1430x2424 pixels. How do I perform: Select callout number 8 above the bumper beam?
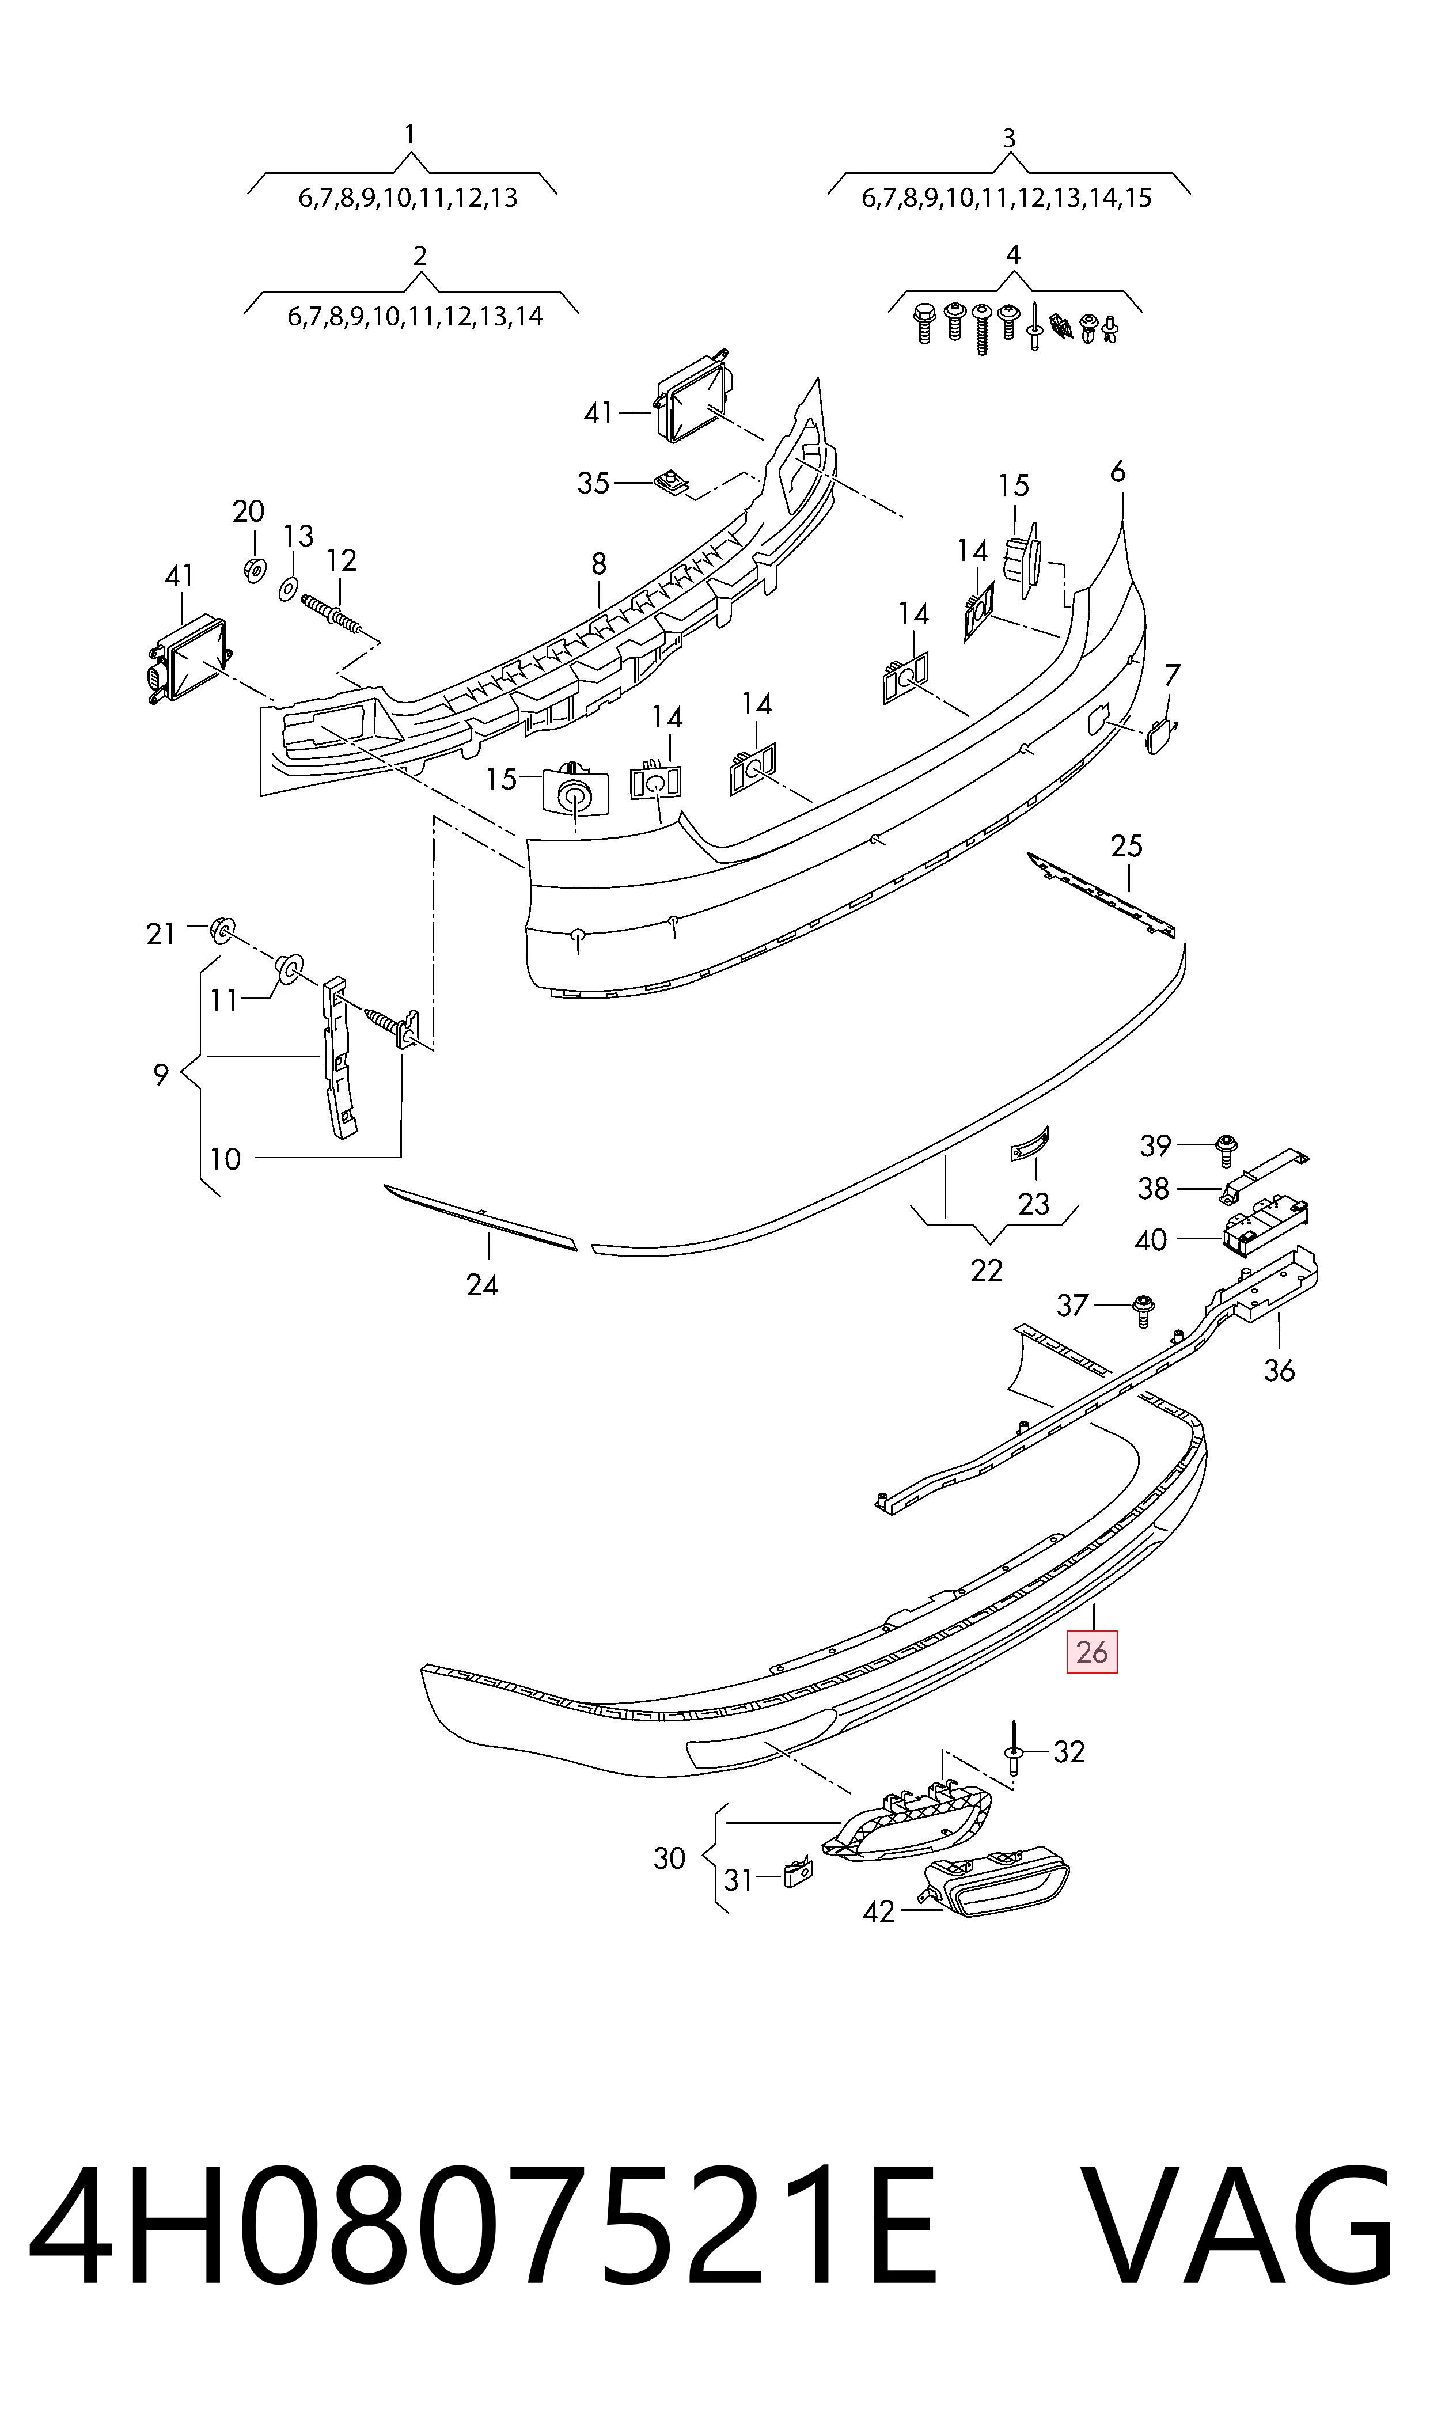tap(600, 564)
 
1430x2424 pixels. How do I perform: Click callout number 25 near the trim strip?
tap(1126, 846)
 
